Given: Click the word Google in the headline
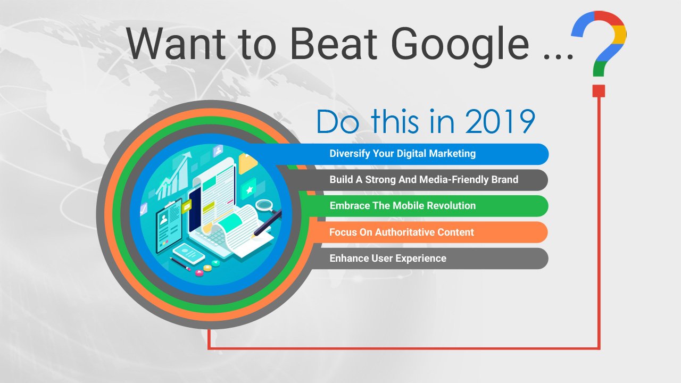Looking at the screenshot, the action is click(x=460, y=46).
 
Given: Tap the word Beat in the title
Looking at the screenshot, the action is click(x=334, y=44).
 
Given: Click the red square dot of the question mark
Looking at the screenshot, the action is click(x=599, y=91).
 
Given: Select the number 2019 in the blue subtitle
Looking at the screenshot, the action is click(x=500, y=121).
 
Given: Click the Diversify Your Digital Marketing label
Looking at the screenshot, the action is click(x=403, y=154).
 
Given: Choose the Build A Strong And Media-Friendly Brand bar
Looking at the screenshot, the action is click(x=413, y=180).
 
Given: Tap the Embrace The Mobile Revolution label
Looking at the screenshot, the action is click(x=403, y=206).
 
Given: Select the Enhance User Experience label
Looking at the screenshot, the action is click(x=388, y=259).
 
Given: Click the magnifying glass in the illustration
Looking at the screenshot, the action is click(x=267, y=206).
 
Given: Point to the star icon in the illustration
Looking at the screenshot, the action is click(x=250, y=190).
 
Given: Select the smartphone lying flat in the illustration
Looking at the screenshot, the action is click(x=189, y=253).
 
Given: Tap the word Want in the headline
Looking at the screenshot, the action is click(x=176, y=44).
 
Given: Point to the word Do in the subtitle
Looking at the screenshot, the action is click(x=338, y=121).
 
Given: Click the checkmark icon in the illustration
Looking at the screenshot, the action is click(x=144, y=209).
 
